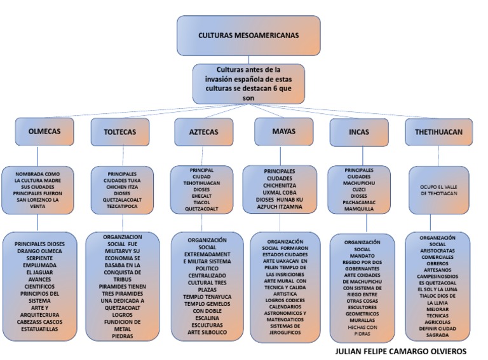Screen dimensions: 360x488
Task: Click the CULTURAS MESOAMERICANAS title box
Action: pos(240,36)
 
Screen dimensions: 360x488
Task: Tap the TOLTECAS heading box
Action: pos(119,132)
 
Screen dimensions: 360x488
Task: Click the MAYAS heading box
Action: pos(283,131)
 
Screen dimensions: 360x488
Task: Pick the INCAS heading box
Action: pos(359,132)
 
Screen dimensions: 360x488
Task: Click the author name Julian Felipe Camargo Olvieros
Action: pos(400,351)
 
